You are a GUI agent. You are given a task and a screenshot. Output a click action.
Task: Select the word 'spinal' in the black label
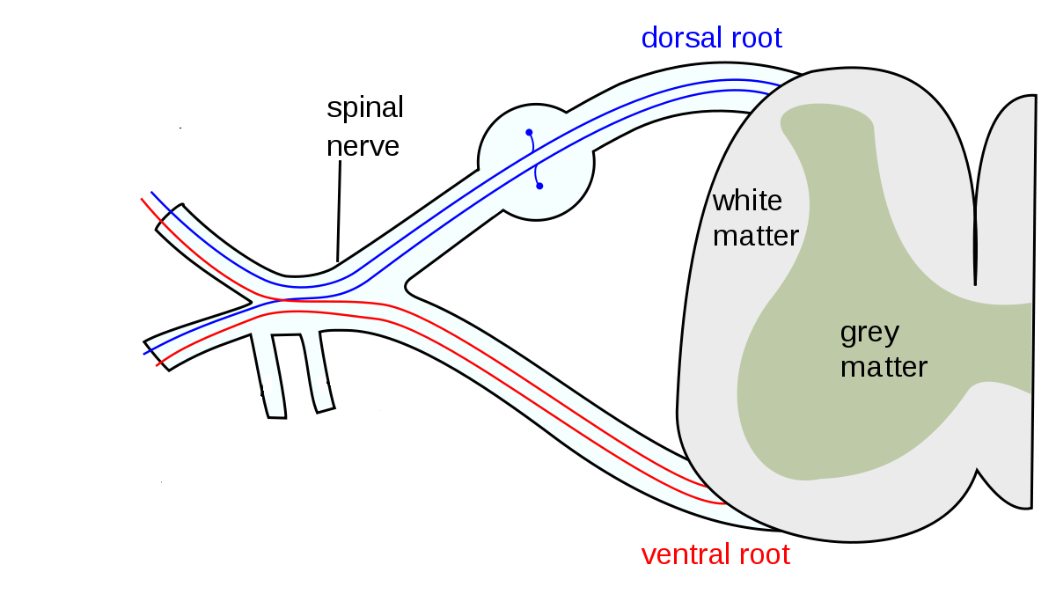(x=364, y=109)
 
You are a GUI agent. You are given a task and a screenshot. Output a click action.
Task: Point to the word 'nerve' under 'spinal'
(x=363, y=145)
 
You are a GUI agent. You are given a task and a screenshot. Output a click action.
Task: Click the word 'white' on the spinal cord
(x=746, y=201)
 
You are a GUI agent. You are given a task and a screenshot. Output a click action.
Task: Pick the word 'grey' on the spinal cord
(x=869, y=333)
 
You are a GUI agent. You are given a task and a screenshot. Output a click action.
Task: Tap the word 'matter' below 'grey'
(x=884, y=366)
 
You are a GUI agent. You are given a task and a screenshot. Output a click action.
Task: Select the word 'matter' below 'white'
(x=756, y=236)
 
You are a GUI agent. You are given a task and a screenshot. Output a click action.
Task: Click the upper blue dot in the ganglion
(x=529, y=133)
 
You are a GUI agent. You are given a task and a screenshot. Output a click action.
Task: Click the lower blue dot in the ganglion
(x=539, y=186)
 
